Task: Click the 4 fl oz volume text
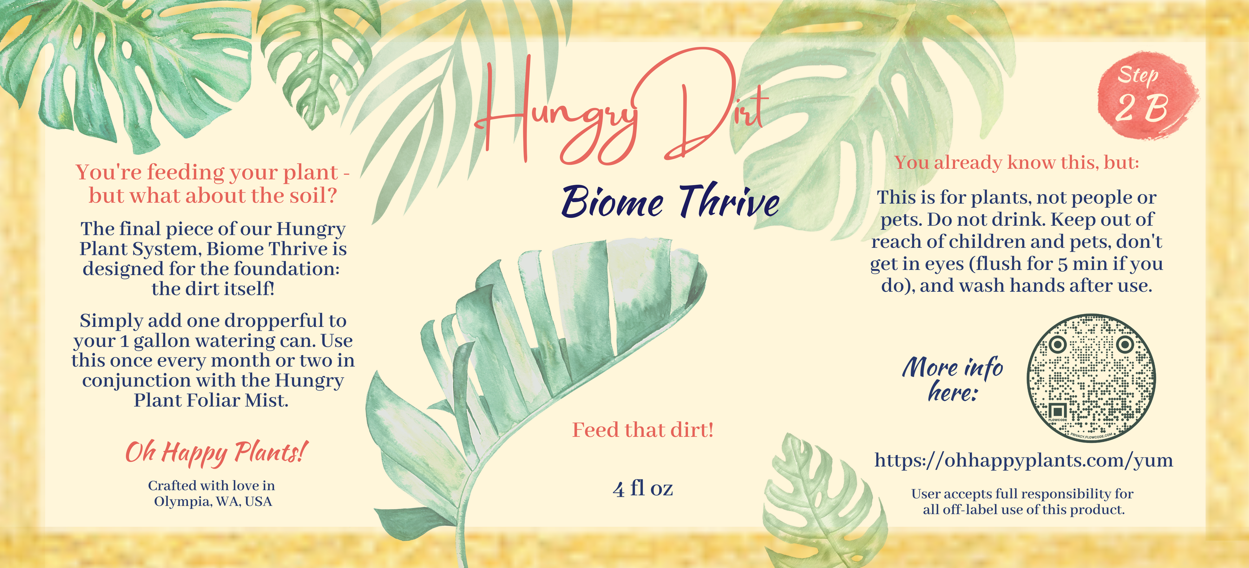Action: pos(642,489)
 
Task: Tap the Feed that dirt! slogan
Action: pos(642,430)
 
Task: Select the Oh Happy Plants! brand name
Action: pos(216,452)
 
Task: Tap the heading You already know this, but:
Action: pos(1016,162)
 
